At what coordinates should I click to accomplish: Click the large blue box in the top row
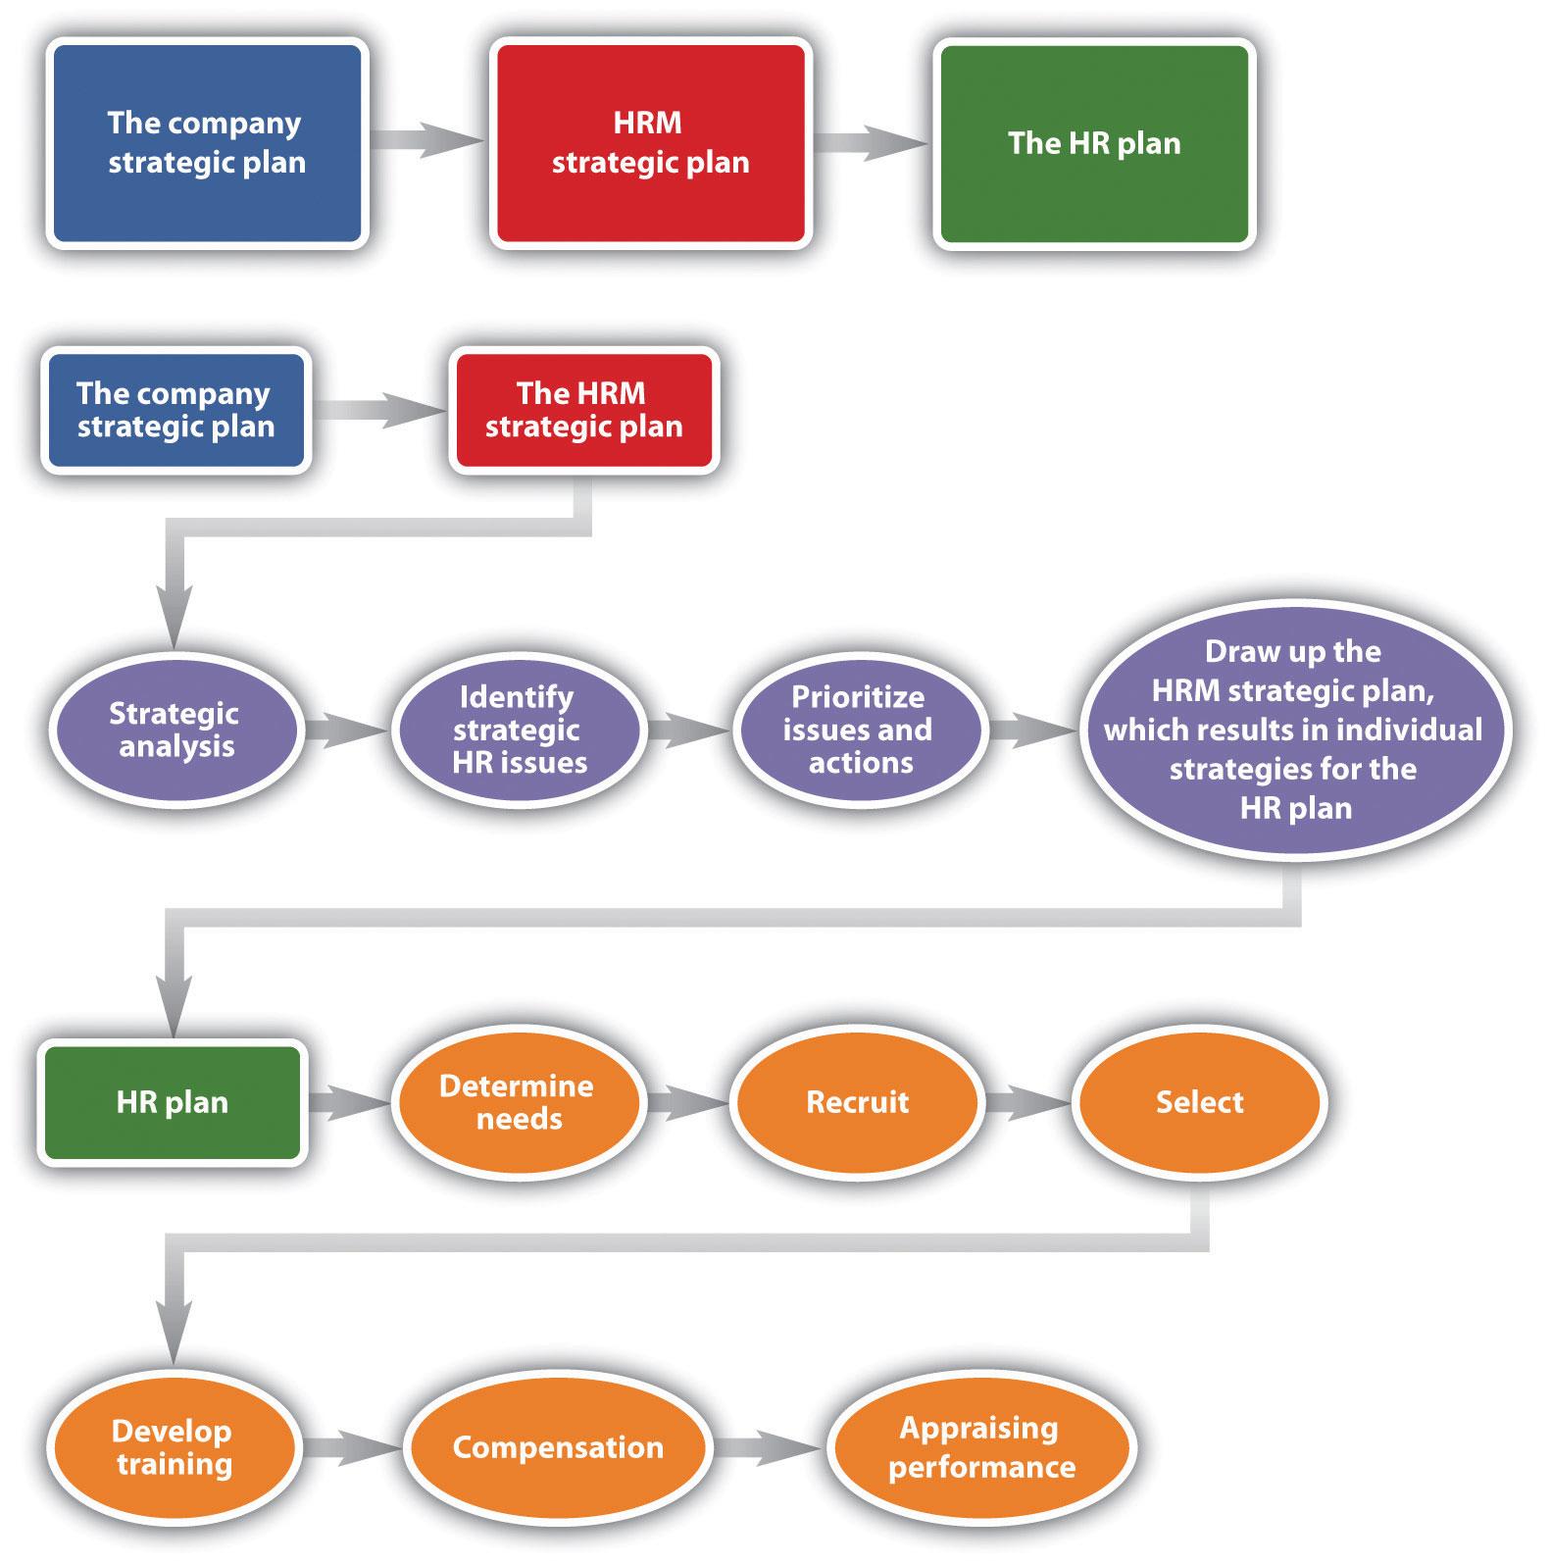207,143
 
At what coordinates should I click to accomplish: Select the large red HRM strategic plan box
650,143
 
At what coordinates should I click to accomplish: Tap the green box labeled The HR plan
1094,143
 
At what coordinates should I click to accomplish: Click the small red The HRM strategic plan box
583,410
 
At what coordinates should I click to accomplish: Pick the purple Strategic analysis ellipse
175,730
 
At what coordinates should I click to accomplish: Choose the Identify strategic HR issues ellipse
518,730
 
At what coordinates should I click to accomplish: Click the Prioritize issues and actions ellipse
859,730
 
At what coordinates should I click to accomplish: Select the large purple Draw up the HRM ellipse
1293,730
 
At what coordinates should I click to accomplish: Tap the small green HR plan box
173,1102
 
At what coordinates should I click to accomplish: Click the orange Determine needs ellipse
518,1102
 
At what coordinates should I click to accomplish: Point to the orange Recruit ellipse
857,1102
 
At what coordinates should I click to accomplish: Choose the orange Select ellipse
1199,1102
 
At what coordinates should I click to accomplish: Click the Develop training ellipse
174,1447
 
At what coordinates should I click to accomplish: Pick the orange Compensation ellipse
558,1447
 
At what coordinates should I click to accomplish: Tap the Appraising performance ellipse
980,1447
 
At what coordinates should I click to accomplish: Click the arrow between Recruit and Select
1026,1102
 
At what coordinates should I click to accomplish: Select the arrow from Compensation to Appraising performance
767,1447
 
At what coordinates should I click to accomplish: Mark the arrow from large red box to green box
871,143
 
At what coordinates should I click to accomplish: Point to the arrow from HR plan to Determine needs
349,1102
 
